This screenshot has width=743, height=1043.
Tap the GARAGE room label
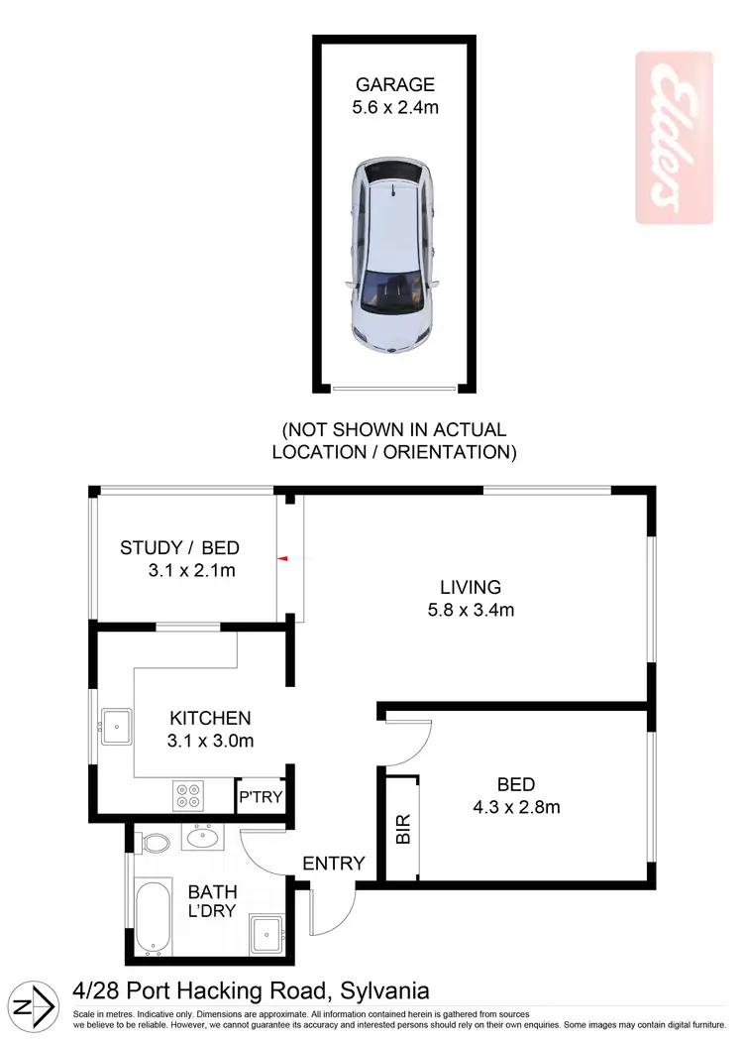pyautogui.click(x=393, y=84)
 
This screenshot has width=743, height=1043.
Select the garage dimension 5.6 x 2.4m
pyautogui.click(x=393, y=107)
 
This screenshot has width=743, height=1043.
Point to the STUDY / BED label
pyautogui.click(x=179, y=547)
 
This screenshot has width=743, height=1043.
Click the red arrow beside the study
pyautogui.click(x=282, y=560)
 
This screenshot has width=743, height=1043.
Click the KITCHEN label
pyautogui.click(x=210, y=718)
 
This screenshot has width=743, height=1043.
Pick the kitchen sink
pyautogui.click(x=116, y=727)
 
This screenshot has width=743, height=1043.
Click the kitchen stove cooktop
pyautogui.click(x=187, y=795)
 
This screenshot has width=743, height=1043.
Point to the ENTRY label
pyautogui.click(x=334, y=864)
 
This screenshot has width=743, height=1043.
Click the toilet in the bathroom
pyautogui.click(x=152, y=844)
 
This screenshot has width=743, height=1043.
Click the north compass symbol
pyautogui.click(x=36, y=1005)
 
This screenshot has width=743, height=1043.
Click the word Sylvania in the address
pyautogui.click(x=384, y=989)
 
